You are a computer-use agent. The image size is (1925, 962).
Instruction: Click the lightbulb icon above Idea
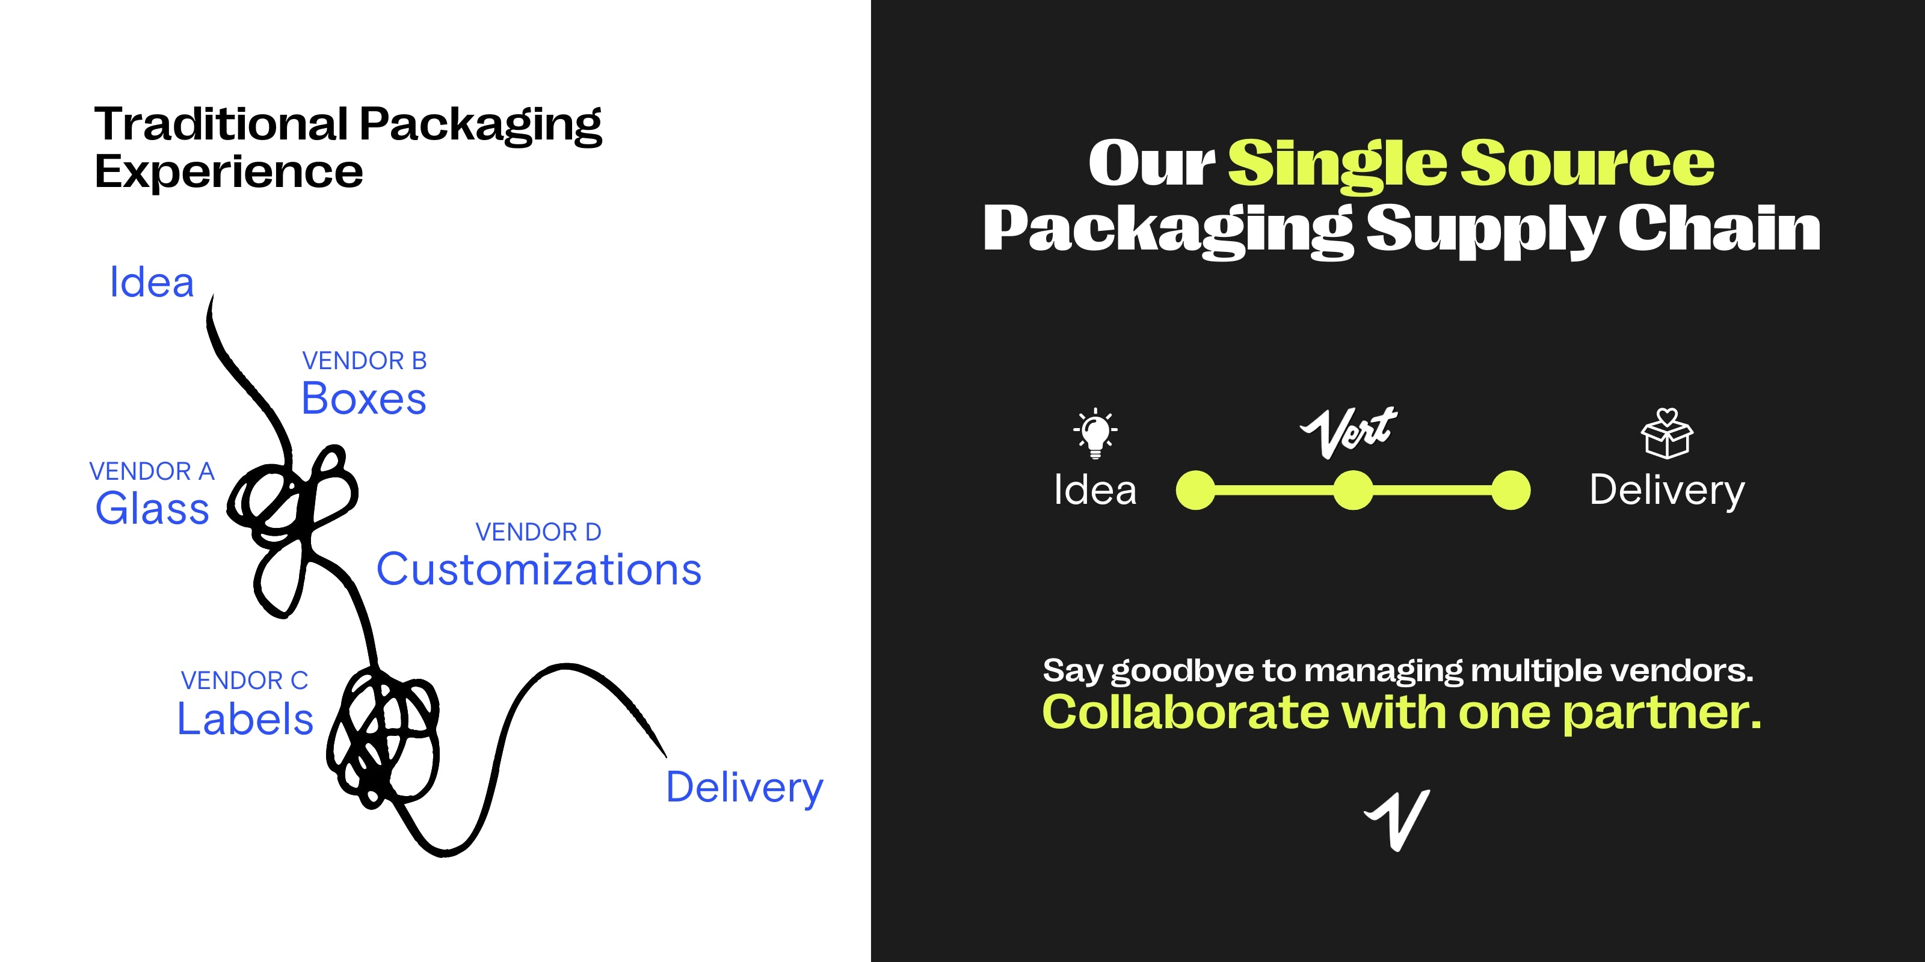[x=1095, y=433]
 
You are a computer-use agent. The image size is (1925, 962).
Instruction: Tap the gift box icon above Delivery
[x=1666, y=433]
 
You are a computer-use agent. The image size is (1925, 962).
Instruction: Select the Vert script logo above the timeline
[x=1348, y=432]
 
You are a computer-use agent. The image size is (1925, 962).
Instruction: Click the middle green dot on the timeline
[x=1354, y=490]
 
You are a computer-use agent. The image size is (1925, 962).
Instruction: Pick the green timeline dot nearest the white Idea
[x=1196, y=490]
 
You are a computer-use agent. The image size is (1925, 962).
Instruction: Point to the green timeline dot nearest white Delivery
[x=1511, y=490]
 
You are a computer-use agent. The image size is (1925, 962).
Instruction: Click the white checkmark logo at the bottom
[x=1397, y=820]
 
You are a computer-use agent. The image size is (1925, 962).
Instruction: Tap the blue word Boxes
[x=364, y=398]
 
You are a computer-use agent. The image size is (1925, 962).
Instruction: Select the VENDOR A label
[x=152, y=471]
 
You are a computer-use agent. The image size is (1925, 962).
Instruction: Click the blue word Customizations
[x=539, y=569]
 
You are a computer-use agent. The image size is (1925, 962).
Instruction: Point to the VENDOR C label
[x=244, y=681]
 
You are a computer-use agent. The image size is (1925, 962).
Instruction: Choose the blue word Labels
[x=245, y=718]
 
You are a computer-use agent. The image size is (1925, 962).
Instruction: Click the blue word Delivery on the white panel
[x=744, y=788]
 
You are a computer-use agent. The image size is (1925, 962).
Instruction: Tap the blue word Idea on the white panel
[x=152, y=283]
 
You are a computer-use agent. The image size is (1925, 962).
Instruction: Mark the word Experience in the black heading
[x=229, y=173]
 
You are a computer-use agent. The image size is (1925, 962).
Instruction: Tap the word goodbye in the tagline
[x=1182, y=672]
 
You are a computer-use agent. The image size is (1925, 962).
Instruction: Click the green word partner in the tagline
[x=1661, y=713]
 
